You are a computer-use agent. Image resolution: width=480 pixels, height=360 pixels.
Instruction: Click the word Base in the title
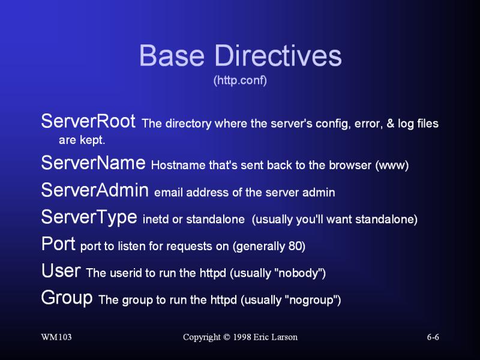click(172, 55)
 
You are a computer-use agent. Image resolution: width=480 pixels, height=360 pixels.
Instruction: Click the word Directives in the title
click(278, 55)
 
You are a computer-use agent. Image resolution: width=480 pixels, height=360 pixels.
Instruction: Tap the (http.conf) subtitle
click(240, 80)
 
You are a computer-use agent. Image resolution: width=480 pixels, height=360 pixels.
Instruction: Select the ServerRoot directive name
click(88, 121)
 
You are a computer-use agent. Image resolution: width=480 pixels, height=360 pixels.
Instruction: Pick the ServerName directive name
click(94, 163)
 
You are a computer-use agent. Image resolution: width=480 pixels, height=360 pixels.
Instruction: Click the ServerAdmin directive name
click(95, 190)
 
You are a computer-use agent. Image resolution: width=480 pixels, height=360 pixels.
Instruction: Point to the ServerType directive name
click(89, 217)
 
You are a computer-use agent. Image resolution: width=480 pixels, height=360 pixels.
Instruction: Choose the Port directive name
click(58, 244)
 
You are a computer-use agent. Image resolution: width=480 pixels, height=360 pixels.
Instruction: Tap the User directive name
click(61, 271)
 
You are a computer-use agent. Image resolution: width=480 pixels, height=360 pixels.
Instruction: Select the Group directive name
click(67, 298)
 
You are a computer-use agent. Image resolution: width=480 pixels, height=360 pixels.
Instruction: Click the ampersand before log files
click(391, 124)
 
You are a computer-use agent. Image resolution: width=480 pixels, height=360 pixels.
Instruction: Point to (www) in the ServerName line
click(392, 166)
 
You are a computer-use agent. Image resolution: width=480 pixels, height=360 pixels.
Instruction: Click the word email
click(169, 193)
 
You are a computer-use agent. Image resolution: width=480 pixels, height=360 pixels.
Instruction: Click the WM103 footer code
click(56, 337)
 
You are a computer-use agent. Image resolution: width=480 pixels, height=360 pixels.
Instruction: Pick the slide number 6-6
click(433, 337)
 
